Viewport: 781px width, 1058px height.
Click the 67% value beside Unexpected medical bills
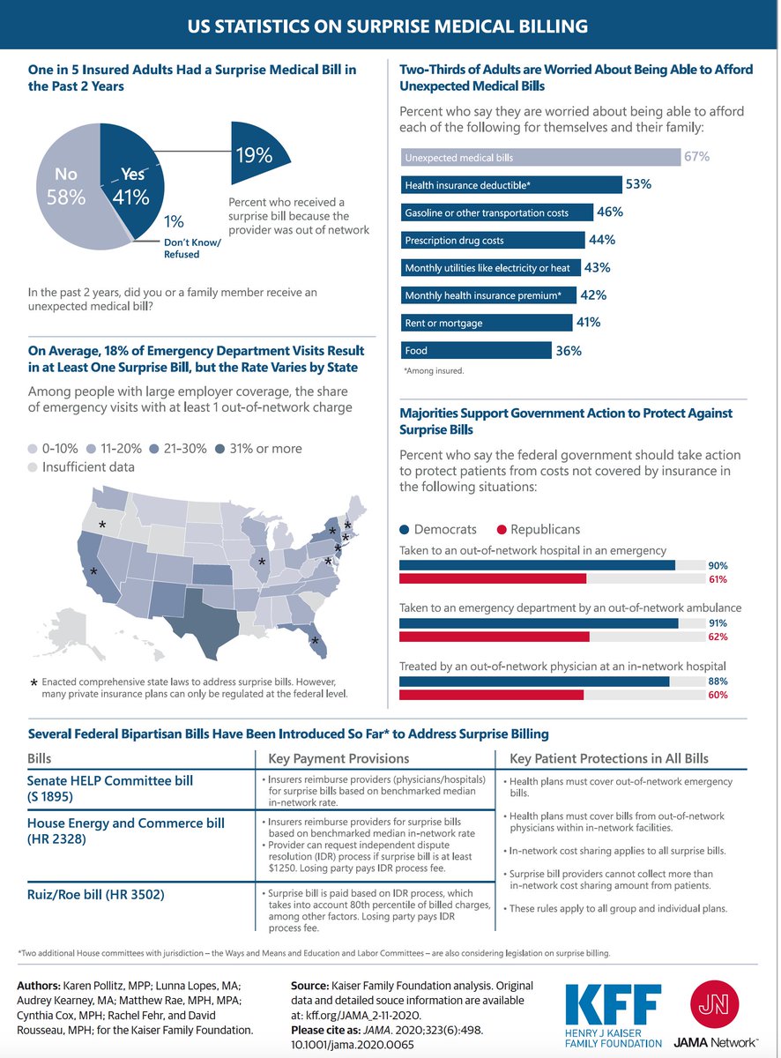click(x=696, y=157)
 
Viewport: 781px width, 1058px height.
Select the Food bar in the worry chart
click(x=476, y=351)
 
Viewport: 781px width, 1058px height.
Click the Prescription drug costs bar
click(x=492, y=240)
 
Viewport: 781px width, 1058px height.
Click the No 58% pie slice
click(x=66, y=190)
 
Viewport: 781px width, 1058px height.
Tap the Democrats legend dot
click(x=405, y=530)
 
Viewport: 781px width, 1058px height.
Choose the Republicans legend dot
click(x=502, y=530)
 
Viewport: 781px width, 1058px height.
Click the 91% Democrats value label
click(x=718, y=622)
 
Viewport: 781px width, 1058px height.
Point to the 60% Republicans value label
click(x=718, y=695)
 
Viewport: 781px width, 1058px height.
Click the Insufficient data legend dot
click(x=34, y=467)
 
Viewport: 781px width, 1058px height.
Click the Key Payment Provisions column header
click(x=338, y=758)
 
